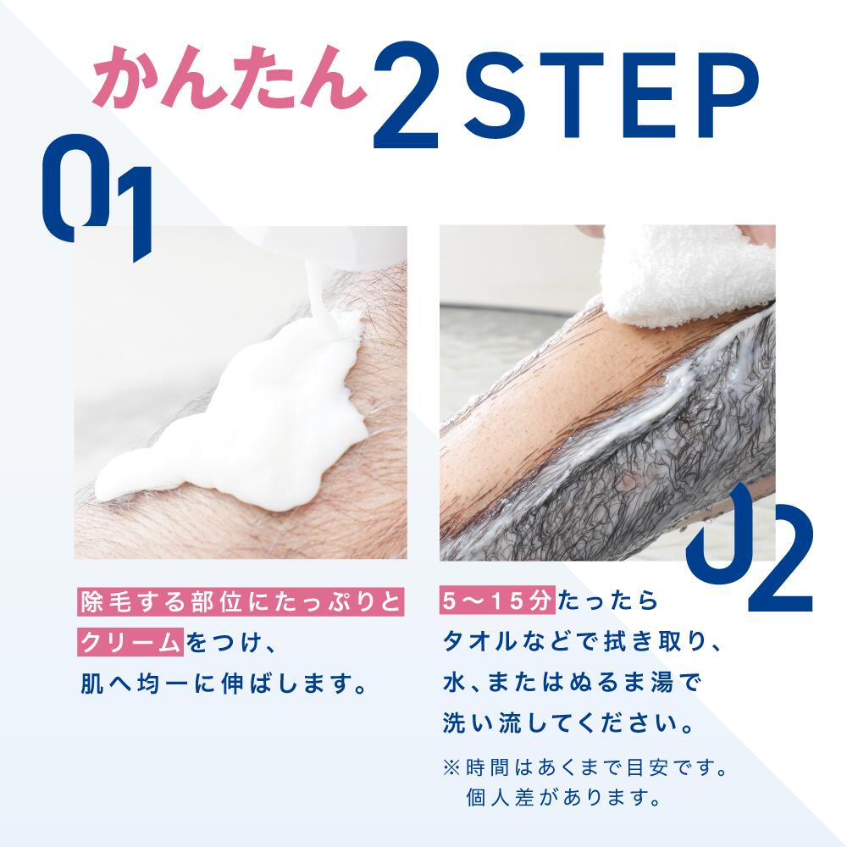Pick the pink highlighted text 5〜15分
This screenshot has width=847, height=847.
tap(497, 601)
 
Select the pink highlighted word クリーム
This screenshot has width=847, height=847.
tap(130, 642)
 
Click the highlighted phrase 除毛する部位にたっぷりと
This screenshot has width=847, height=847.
tap(240, 601)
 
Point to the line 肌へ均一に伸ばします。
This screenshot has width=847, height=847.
tap(224, 684)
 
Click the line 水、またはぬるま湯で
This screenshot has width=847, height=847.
tap(572, 683)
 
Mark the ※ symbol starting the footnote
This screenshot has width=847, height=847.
tap(451, 767)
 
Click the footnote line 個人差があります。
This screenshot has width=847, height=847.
tap(563, 797)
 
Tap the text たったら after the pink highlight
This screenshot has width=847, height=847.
tap(607, 601)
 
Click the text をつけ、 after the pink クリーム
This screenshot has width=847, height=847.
tap(232, 643)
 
